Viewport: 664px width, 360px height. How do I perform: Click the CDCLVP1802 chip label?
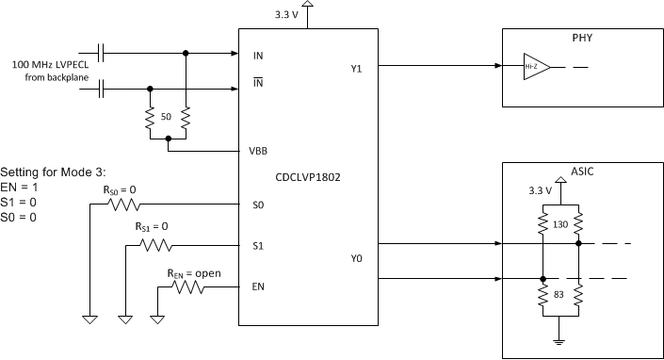click(x=308, y=175)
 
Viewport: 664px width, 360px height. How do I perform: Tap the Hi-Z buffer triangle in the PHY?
click(x=535, y=67)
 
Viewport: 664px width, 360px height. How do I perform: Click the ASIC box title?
click(x=581, y=172)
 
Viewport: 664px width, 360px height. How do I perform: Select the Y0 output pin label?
click(x=357, y=257)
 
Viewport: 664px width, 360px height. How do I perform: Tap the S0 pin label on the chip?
click(x=259, y=204)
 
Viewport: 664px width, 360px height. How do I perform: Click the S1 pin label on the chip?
click(x=259, y=246)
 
